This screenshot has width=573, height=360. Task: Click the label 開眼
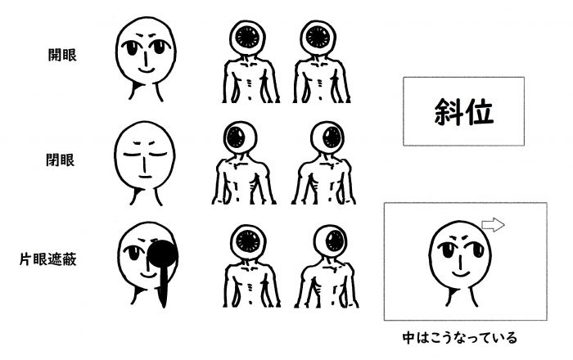[62, 55]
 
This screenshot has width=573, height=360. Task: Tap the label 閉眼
[61, 160]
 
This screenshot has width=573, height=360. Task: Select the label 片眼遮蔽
[47, 259]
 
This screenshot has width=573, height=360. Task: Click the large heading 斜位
[464, 112]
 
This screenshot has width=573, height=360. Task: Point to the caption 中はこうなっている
[460, 337]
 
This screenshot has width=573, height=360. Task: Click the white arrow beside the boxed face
[493, 224]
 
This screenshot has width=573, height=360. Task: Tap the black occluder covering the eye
[163, 253]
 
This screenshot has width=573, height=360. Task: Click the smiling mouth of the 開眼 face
[147, 70]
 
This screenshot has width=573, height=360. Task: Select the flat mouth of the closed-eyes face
[146, 177]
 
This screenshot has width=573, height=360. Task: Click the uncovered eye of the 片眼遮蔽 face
[132, 251]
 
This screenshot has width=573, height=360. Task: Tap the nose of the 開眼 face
[146, 58]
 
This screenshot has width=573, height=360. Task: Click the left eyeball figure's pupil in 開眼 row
[247, 38]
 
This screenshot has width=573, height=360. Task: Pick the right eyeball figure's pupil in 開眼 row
[318, 38]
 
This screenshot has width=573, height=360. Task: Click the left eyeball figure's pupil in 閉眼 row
[236, 138]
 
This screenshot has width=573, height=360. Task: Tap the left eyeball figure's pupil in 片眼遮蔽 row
[248, 241]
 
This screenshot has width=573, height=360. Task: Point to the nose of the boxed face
[460, 261]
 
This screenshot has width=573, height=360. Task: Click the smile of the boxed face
[460, 273]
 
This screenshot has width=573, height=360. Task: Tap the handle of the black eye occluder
[163, 286]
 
